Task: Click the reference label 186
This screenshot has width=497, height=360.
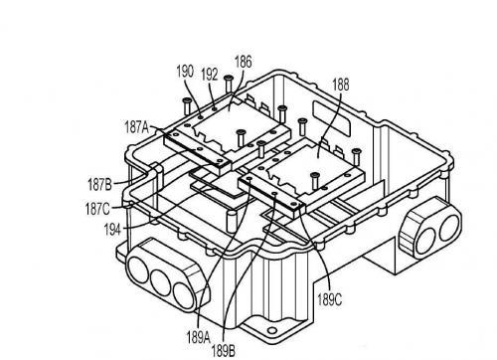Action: point(244,62)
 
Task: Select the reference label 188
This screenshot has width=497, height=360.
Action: point(341,85)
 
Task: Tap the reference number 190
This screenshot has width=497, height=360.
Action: point(185,72)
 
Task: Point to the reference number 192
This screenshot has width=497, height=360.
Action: point(210,75)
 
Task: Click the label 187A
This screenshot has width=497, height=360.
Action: point(136,127)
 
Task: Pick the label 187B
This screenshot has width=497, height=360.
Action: point(99,184)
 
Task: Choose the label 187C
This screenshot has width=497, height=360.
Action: point(97,209)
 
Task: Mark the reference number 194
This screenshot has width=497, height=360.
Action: point(112,229)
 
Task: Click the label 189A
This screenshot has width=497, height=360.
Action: point(198,337)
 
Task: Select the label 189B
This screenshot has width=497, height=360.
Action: point(224,351)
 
